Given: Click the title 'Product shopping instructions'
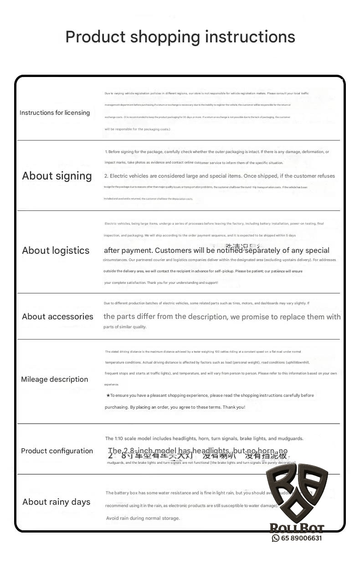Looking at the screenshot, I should tap(180, 37).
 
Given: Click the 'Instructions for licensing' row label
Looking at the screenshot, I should tap(55, 113).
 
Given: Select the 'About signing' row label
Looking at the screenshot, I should tap(57, 176).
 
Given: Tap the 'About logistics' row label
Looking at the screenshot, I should tap(56, 251).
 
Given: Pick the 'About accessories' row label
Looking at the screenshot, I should tap(57, 317).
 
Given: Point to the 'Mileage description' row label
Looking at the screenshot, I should tap(55, 379).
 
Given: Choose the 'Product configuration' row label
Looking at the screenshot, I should tap(57, 451).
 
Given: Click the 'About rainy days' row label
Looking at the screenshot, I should tap(57, 502).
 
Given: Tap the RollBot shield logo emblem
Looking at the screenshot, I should tap(297, 494).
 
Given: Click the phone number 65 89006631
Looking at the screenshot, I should tap(301, 538).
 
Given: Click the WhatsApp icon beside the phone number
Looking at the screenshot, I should tap(276, 538).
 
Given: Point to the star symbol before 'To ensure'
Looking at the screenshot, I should tap(108, 395).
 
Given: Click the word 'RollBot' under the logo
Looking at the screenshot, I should tap(297, 528).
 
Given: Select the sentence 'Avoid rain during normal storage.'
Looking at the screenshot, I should tap(143, 518).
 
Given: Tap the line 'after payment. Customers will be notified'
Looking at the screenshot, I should tap(216, 251).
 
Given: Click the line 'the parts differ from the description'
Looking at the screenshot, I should tap(222, 317).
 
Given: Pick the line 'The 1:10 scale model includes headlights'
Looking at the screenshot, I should tap(204, 438).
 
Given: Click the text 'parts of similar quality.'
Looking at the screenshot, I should tap(125, 327).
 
